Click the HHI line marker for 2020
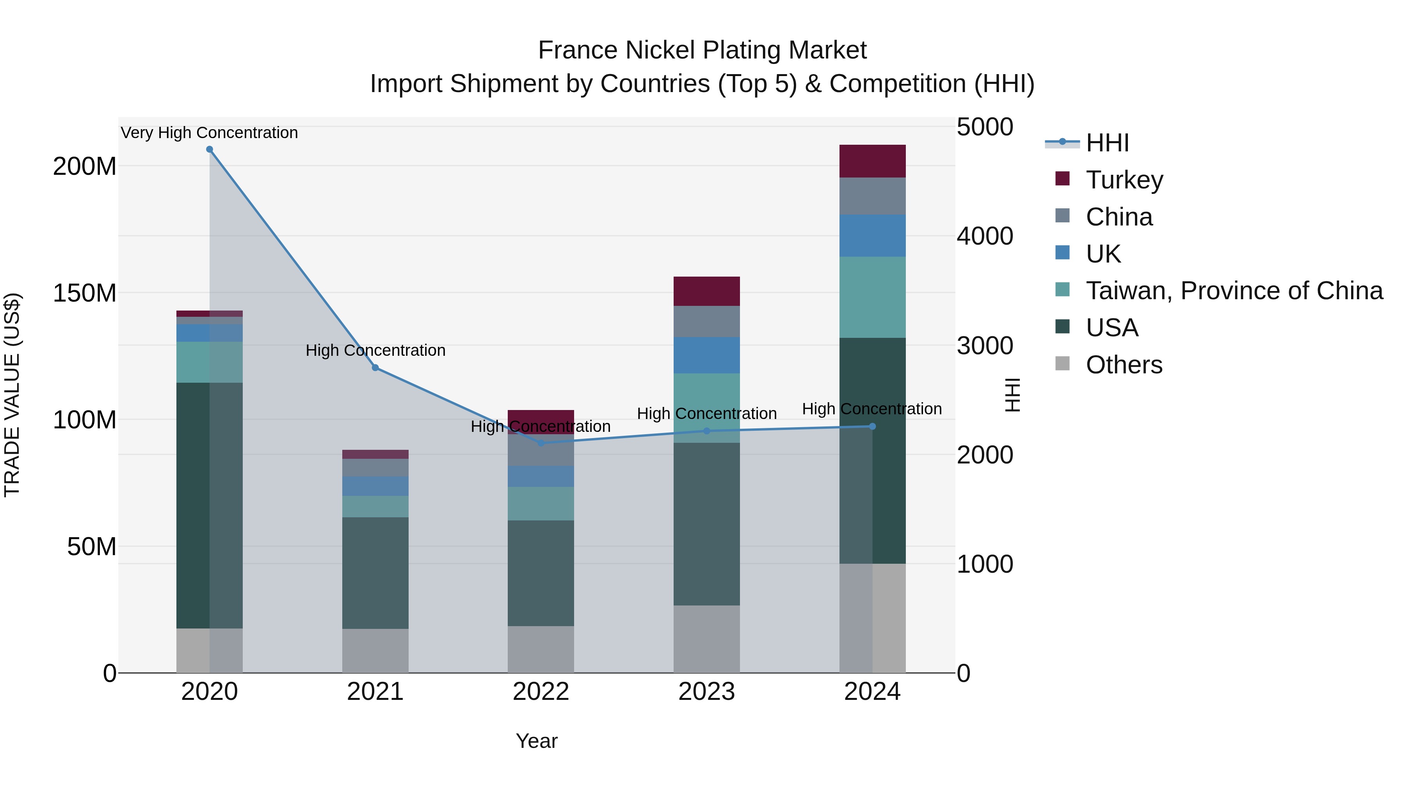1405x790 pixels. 210,149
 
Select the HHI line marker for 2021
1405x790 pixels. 375,368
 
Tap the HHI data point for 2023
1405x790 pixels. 707,431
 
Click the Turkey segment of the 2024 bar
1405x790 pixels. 872,162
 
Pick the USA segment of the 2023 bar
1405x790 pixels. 707,524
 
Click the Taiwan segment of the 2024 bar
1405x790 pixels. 872,297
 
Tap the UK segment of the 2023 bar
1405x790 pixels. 707,355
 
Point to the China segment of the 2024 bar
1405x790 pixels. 872,196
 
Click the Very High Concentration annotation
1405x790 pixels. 210,133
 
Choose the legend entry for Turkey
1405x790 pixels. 1124,180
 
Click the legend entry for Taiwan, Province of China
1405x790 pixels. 1234,291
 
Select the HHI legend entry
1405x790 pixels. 1107,143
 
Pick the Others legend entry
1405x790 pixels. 1124,365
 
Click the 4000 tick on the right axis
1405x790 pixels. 985,236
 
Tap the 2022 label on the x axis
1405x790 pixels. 541,692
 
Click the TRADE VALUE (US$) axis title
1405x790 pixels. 12,395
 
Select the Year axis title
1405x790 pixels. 537,741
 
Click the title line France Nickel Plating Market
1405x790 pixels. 702,50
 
